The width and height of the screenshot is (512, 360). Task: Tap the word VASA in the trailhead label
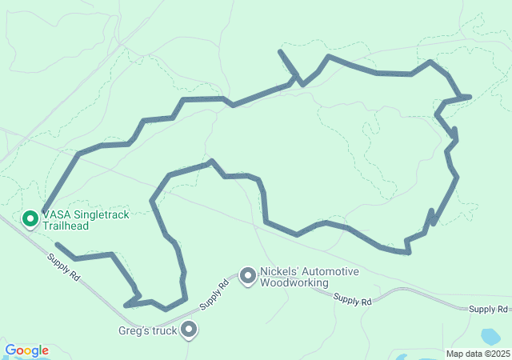[x=55, y=215]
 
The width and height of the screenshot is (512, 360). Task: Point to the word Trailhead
[x=66, y=226]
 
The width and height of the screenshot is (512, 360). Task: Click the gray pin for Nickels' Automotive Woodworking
[x=248, y=276]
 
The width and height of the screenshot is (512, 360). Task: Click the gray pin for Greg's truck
[x=190, y=328]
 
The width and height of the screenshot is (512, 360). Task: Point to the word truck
[x=164, y=330]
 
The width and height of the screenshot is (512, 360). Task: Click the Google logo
[x=26, y=350]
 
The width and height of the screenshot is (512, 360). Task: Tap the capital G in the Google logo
[x=10, y=350]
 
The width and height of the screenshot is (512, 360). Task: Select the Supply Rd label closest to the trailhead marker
[x=64, y=266]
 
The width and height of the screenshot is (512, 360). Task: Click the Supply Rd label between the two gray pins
[x=213, y=295]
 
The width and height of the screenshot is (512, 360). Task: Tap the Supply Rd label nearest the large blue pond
[x=489, y=309]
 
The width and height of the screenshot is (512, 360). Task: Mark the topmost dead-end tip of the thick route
[x=280, y=51]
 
